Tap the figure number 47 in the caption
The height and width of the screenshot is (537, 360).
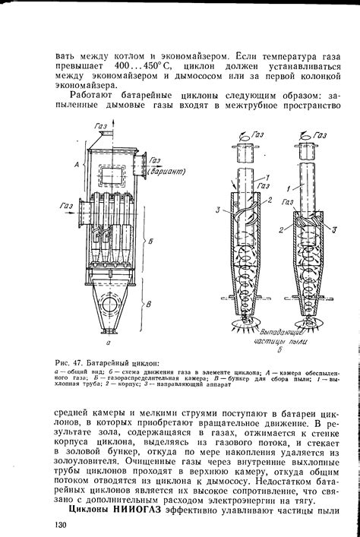[84, 362]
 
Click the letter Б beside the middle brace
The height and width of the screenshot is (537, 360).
[152, 241]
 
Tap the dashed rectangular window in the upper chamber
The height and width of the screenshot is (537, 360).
[109, 174]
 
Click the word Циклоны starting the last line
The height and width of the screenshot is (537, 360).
[90, 510]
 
